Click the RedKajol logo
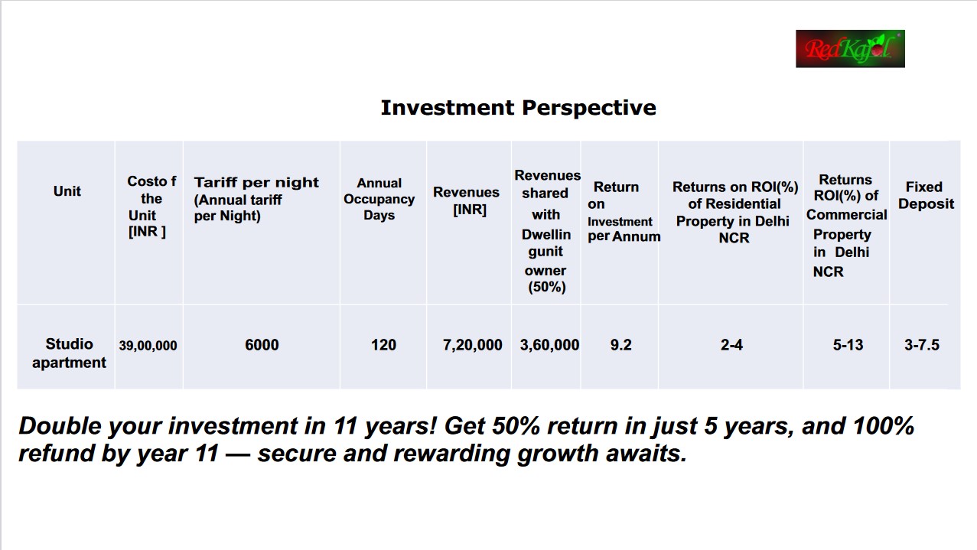[x=850, y=49]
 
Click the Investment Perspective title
[x=518, y=108]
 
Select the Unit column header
[x=67, y=191]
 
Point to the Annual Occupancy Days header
[x=379, y=199]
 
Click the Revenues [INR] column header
[x=466, y=200]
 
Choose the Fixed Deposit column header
[x=926, y=195]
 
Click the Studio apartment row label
[x=69, y=353]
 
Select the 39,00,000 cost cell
[x=148, y=346]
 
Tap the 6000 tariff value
[x=262, y=345]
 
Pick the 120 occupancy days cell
[x=383, y=345]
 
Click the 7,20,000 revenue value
[x=472, y=345]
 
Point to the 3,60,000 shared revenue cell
[x=549, y=345]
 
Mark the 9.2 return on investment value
[x=620, y=345]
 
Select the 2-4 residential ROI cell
[x=731, y=345]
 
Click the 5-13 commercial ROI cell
[x=848, y=345]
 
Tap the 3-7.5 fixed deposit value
[x=922, y=345]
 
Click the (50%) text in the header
[x=547, y=287]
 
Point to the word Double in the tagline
[x=60, y=425]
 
